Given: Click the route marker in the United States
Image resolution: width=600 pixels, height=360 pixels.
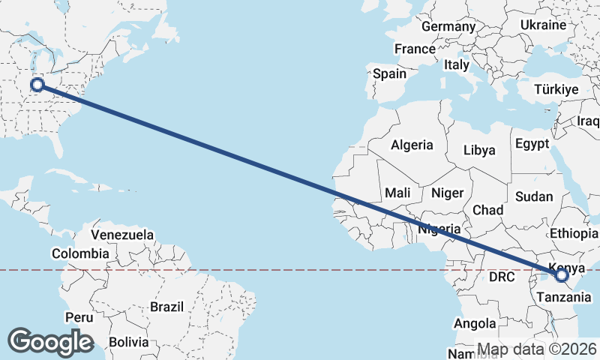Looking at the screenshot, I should point(37,85).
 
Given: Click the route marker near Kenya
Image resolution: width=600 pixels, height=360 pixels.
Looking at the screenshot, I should point(562,276).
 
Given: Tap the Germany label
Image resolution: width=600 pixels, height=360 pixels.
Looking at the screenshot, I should point(448,26).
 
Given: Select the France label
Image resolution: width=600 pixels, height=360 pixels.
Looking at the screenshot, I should point(415,49).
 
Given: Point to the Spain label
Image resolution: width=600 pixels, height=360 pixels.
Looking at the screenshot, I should point(389,73).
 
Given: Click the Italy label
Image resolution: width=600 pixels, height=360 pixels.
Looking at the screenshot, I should point(457,64).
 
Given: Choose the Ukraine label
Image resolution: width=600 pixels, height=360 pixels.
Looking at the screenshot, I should point(543,25).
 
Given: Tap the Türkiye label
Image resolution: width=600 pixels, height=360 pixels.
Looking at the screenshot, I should point(556,89).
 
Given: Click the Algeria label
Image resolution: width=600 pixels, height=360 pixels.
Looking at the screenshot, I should point(412,145).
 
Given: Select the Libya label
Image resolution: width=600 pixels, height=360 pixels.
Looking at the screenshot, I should point(479,150).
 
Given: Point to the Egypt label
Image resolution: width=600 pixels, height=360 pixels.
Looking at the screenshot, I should point(532,143).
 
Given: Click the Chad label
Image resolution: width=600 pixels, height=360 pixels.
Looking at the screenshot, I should point(487,209).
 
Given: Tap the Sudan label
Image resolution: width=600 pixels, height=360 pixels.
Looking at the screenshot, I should point(534,196).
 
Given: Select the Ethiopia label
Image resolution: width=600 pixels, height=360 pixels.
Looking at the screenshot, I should point(574,233).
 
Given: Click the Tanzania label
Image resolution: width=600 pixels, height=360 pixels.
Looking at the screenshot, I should point(559,296).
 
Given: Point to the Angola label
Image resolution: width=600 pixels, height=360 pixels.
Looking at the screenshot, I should point(475,323).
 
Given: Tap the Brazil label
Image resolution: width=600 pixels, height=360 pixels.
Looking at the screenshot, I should point(166,307).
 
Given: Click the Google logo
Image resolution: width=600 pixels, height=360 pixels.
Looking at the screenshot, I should point(50,341).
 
